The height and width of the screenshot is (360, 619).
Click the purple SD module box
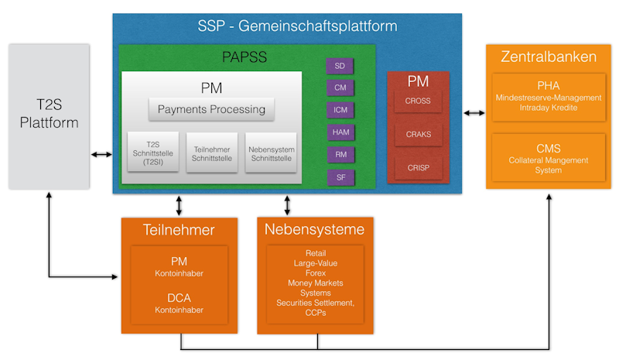point(340,66)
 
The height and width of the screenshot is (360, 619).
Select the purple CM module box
point(340,88)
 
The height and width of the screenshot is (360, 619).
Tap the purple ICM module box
point(340,110)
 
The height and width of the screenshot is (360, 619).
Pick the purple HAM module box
point(340,132)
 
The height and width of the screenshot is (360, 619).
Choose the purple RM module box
point(340,155)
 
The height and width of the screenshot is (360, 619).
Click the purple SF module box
point(340,177)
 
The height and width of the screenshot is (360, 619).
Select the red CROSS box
point(418,101)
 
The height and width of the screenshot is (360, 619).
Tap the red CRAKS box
point(418,134)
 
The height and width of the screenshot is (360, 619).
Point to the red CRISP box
point(418,167)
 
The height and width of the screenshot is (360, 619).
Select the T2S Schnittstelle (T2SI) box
point(152,153)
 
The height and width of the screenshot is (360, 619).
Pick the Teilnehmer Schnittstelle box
point(211,153)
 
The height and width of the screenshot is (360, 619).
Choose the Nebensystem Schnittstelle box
point(271,153)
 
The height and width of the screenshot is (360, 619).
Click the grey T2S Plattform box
point(50,116)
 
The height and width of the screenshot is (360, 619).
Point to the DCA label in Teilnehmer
point(180,297)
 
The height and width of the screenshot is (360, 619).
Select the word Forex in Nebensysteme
point(316,273)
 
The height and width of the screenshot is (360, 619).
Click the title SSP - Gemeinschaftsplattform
point(297,26)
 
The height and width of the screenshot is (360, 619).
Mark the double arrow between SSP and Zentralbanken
point(474,113)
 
